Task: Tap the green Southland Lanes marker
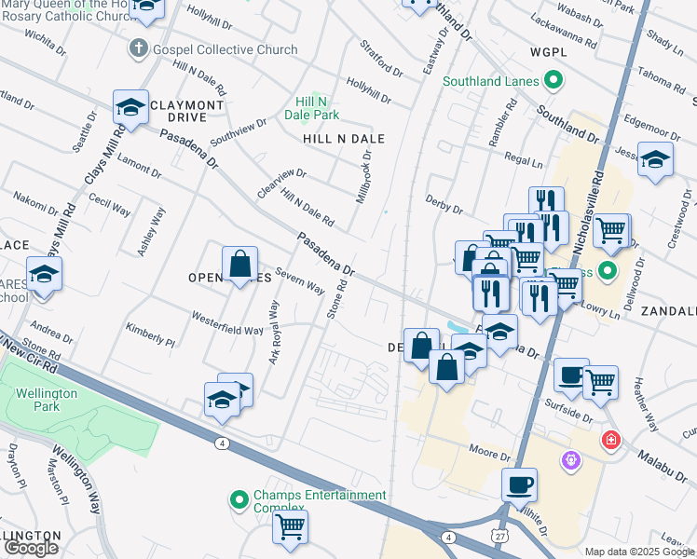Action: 553,81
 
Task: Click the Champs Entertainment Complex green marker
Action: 239,501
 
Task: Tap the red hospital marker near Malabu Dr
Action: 610,439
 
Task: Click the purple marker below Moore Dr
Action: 570,460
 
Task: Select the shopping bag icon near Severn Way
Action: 239,264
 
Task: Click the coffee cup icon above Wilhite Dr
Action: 519,485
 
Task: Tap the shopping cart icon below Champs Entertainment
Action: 290,527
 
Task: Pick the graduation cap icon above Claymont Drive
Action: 131,107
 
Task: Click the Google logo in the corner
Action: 31,548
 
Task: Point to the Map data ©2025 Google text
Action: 638,552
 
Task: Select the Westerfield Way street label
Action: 228,330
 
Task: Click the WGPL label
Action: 548,52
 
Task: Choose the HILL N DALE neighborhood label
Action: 344,139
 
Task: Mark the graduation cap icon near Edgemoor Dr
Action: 655,159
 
